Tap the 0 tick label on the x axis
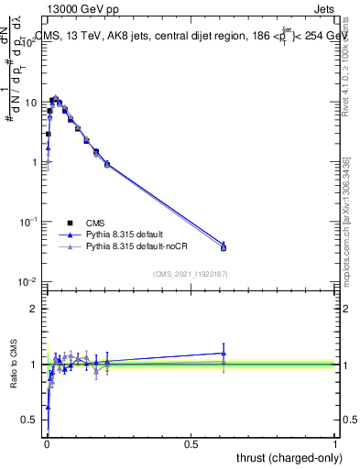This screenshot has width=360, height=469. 46,443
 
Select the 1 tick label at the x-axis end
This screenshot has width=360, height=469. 336,443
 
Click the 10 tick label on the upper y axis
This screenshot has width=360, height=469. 29,103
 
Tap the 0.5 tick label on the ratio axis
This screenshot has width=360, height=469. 30,420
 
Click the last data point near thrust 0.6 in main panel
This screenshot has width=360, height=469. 224,247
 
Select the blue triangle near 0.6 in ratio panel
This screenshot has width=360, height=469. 224,353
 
